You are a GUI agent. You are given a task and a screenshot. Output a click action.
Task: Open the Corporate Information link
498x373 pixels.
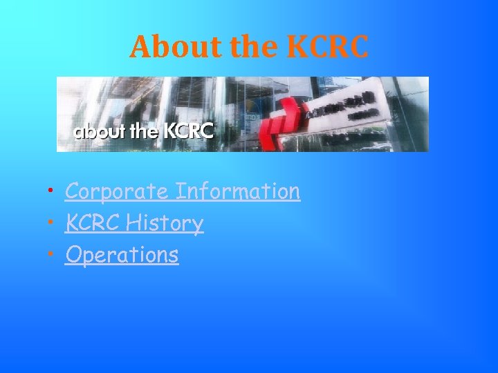pos(183,191)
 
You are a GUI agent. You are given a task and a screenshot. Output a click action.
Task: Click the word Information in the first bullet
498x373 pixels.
pos(238,191)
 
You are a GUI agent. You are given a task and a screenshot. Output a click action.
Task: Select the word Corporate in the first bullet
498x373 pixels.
pos(117,191)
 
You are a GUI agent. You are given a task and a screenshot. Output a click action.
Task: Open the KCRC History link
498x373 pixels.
pos(134,223)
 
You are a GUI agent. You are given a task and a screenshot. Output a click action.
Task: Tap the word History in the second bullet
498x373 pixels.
pos(167,223)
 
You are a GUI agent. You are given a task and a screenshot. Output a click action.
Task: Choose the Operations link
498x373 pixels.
pos(122,255)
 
